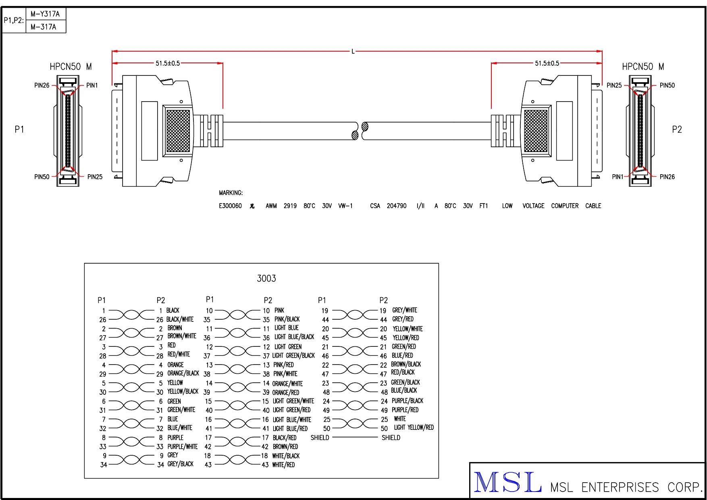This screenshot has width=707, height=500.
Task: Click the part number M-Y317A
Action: pyautogui.click(x=45, y=14)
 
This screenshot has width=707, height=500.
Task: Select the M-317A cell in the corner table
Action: pyautogui.click(x=43, y=27)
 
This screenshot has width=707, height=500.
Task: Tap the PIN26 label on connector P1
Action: pyautogui.click(x=42, y=85)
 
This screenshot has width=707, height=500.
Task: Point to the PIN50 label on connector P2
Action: pyautogui.click(x=667, y=85)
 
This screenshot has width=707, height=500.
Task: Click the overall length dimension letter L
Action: pyautogui.click(x=353, y=52)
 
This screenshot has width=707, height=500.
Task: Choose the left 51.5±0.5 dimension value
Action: pyautogui.click(x=168, y=63)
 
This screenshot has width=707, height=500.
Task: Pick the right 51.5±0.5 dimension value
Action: pyautogui.click(x=547, y=63)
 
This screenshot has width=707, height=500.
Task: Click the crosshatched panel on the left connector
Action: pyautogui.click(x=178, y=131)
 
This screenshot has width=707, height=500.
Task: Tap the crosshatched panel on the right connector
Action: pyautogui.click(x=536, y=131)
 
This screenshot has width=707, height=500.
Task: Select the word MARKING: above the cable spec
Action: pyautogui.click(x=231, y=193)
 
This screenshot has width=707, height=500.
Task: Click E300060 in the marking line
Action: pyautogui.click(x=230, y=206)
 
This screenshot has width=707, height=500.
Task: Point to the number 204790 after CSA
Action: pyautogui.click(x=397, y=206)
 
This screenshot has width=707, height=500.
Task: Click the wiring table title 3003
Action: pyautogui.click(x=266, y=279)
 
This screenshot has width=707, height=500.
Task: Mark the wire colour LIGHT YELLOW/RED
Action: pyautogui.click(x=414, y=427)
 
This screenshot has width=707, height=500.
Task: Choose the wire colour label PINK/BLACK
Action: pyautogui.click(x=287, y=319)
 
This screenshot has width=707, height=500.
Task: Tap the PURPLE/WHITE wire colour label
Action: pyautogui.click(x=183, y=447)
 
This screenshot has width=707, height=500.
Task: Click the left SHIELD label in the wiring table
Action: pyautogui.click(x=320, y=438)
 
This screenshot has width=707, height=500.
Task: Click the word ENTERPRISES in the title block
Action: pyautogui.click(x=620, y=487)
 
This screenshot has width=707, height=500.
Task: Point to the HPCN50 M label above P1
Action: pyautogui.click(x=71, y=67)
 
